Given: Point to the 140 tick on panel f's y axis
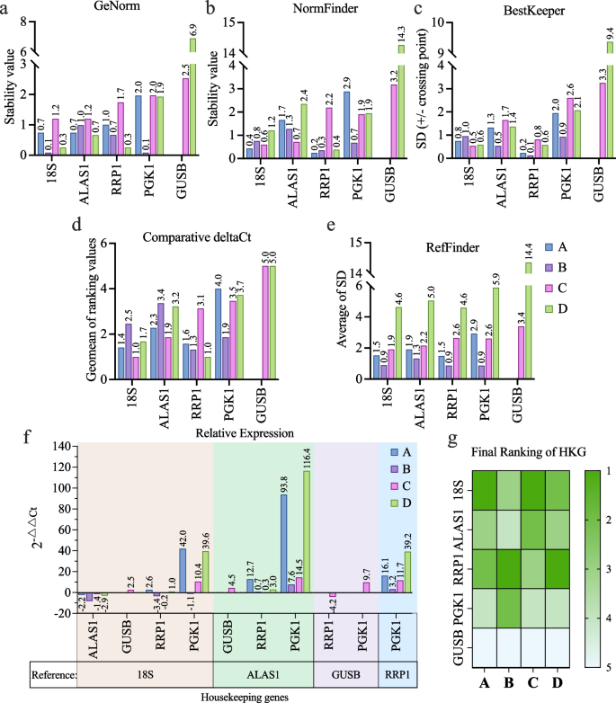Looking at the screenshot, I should (x=59, y=447).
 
